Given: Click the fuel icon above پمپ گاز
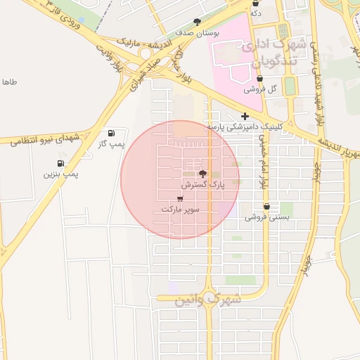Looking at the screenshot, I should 111,133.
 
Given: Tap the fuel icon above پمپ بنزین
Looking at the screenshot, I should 60,163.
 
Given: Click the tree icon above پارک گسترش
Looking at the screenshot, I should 203,173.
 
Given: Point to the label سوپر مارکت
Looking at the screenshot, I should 181,210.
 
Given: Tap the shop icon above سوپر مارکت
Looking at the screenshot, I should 181,198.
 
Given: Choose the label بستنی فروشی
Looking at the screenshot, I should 267,217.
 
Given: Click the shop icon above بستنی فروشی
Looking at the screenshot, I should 267,207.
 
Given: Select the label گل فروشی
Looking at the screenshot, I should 260,89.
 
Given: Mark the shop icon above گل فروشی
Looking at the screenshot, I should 260,79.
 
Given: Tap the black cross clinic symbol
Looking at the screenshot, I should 245,116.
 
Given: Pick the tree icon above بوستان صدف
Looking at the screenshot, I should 197,22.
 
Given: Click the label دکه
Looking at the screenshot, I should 255,13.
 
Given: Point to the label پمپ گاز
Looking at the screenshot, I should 111,143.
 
